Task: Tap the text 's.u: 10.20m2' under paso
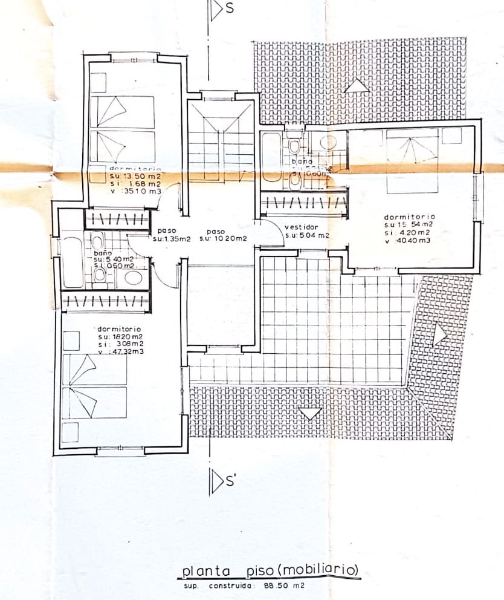tap(224, 238)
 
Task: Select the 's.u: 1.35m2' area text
tap(172, 238)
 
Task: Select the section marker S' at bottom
tap(231, 481)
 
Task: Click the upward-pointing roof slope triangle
tap(357, 86)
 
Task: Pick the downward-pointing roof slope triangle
tap(311, 414)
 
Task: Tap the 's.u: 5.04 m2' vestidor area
tap(307, 236)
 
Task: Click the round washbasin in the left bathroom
tap(133, 278)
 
